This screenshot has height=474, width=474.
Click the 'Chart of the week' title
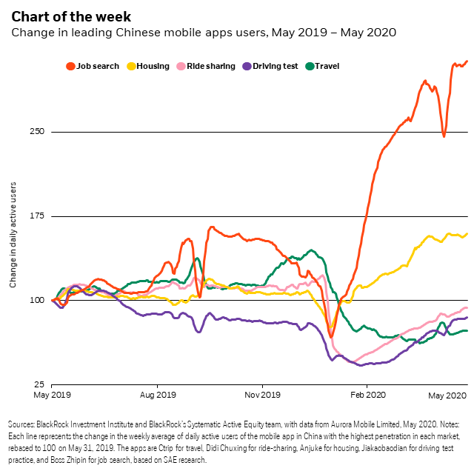pos(70,16)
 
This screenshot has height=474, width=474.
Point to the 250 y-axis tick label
pos(37,132)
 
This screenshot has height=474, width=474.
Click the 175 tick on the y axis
pos(37,216)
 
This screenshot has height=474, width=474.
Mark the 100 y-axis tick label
pos(37,300)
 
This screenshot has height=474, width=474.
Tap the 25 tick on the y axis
pos(39,384)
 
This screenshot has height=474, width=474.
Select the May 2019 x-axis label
pos(53,395)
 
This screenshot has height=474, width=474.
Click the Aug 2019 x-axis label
pos(158,395)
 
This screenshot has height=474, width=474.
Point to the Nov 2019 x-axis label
pos(263,395)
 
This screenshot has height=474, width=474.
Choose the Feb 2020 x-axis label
pos(368,395)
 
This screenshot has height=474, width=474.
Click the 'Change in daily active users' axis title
pos(13,228)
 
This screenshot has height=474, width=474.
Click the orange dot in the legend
pos(71,66)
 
